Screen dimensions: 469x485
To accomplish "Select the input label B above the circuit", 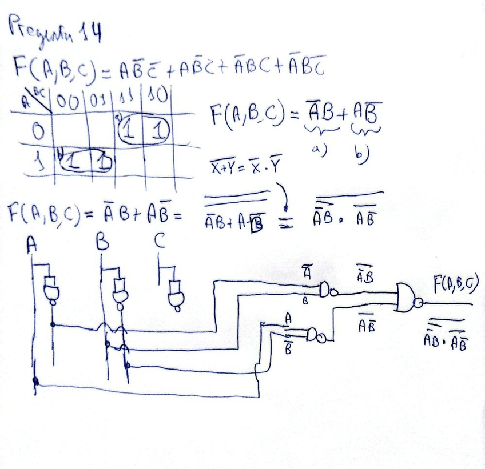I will point(103,244).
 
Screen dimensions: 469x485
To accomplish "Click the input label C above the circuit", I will point(161,243).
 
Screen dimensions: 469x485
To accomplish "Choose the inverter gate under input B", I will point(120,291).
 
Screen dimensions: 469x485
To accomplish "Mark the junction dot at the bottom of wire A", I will point(36,381).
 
